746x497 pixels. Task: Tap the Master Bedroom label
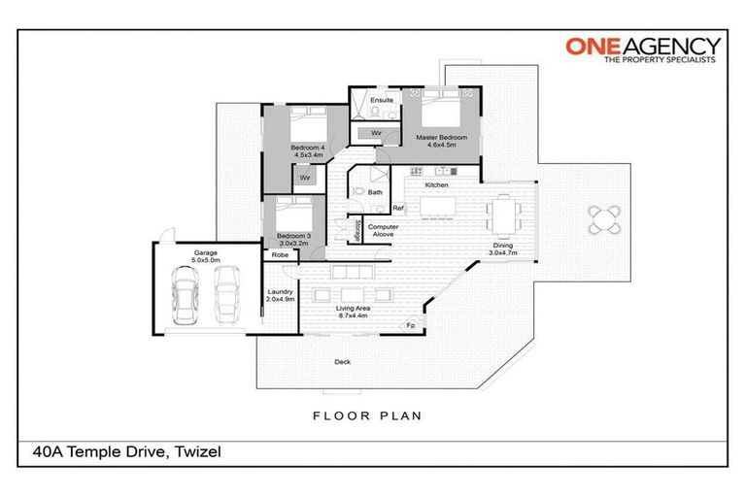coord(442,142)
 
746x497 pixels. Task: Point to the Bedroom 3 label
coord(292,239)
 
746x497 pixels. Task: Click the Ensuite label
coord(382,100)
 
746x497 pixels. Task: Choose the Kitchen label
coord(435,184)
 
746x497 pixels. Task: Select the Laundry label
coord(280,295)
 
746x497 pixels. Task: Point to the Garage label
coord(205,255)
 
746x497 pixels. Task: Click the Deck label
coord(342,362)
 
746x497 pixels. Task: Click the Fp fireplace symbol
coord(411,326)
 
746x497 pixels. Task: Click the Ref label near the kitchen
coord(397,208)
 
